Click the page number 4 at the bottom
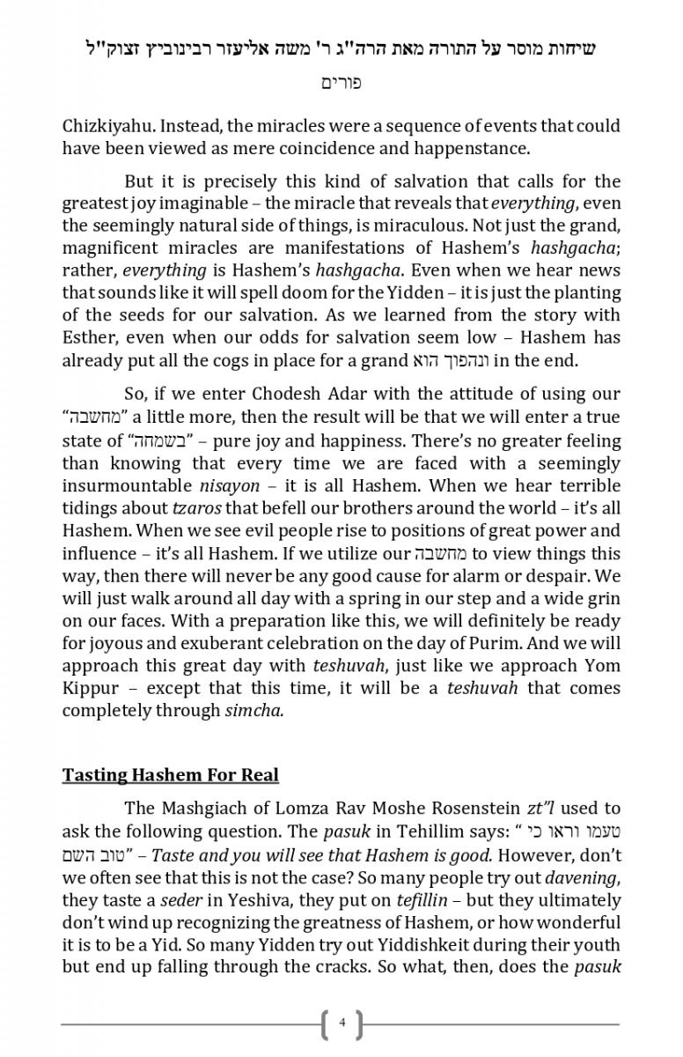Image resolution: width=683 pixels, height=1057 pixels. pyautogui.click(x=341, y=1024)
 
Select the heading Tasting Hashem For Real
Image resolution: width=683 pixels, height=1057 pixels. pyautogui.click(x=170, y=775)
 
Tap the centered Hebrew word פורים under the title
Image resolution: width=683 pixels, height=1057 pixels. pyautogui.click(x=341, y=84)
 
